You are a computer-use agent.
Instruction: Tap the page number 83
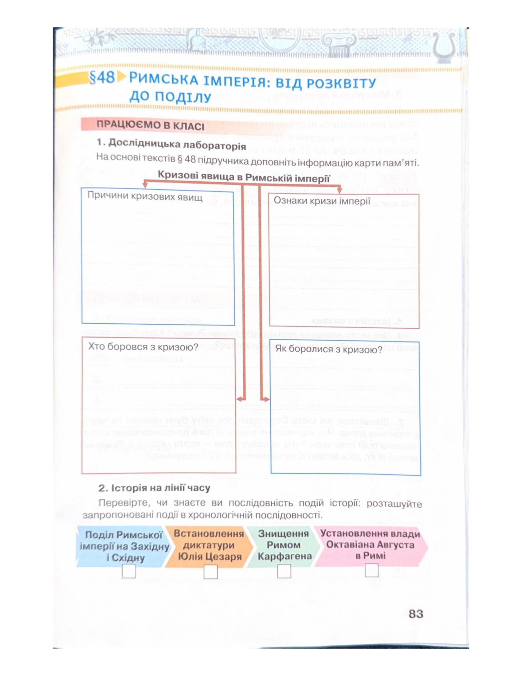point(416,614)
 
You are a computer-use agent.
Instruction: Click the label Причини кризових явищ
point(145,196)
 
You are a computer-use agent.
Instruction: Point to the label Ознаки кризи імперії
point(322,201)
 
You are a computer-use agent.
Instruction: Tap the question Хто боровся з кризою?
point(143,347)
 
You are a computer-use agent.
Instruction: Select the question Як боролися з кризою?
point(329,350)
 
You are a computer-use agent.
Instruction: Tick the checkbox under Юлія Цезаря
point(210,572)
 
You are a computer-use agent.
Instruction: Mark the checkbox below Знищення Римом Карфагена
point(284,571)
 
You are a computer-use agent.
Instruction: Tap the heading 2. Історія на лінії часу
point(154,488)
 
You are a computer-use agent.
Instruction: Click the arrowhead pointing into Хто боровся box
point(238,399)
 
